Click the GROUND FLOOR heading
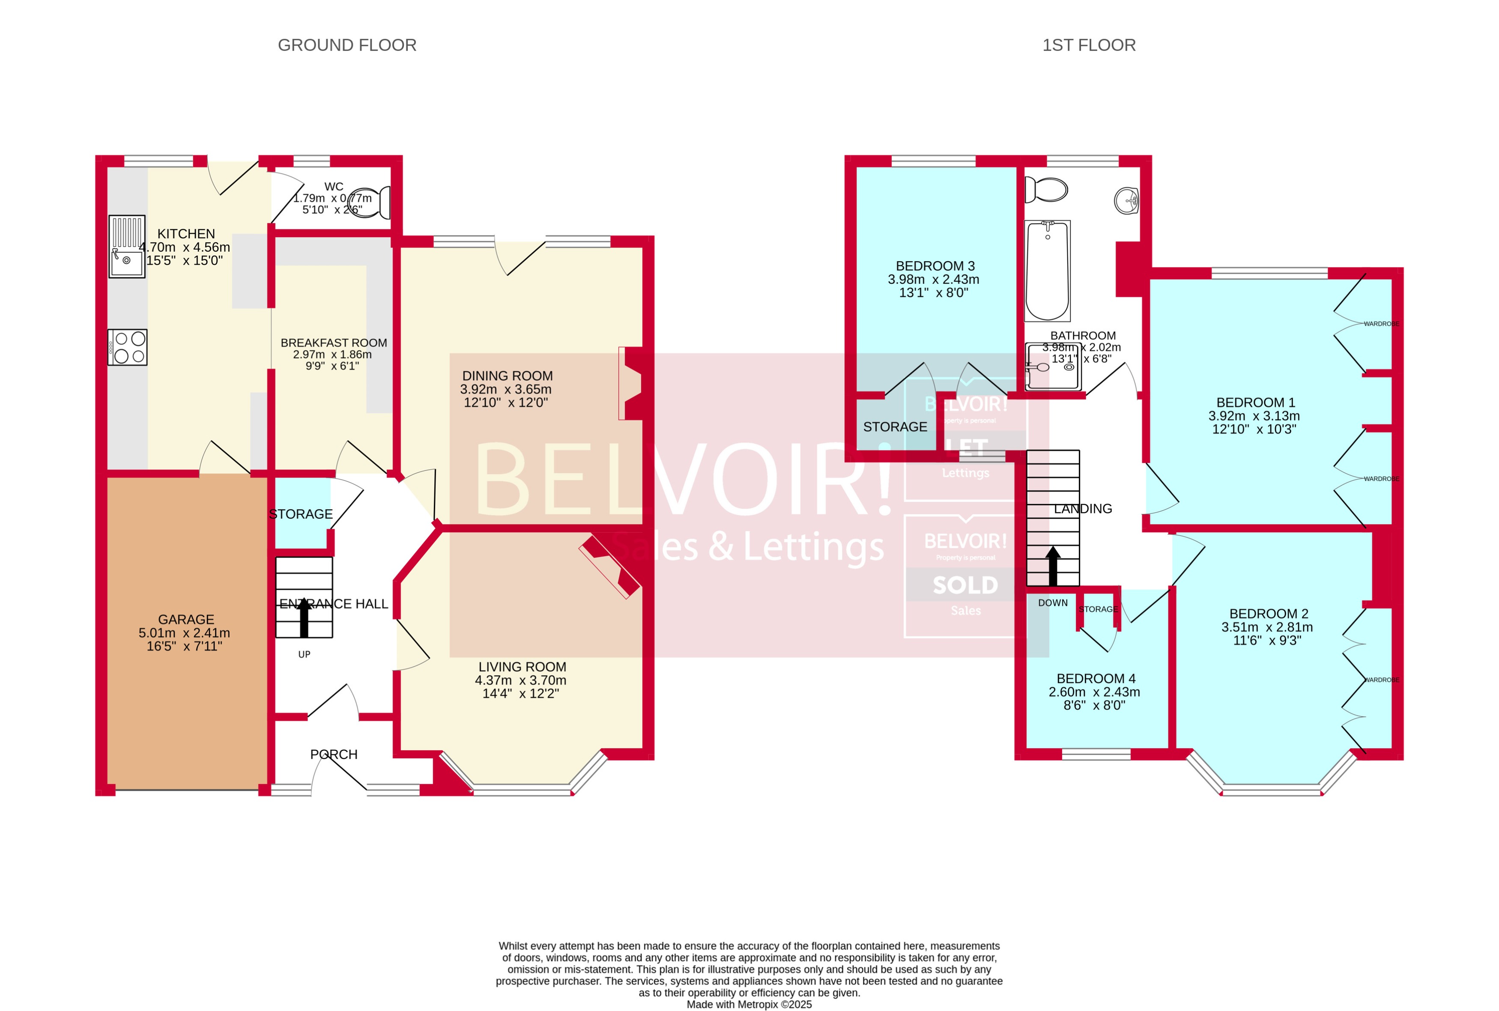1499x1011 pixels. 347,45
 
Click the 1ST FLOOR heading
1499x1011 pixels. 1089,45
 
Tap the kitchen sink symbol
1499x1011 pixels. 126,246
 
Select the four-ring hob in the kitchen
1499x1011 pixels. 128,348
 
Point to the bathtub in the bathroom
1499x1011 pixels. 1047,271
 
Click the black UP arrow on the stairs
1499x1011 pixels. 304,617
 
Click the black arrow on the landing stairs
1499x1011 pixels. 1053,566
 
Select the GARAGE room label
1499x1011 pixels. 186,619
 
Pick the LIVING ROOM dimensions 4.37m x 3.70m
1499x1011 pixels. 520,680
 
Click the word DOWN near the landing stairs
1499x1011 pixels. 1053,603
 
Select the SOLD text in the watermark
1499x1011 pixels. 965,585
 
